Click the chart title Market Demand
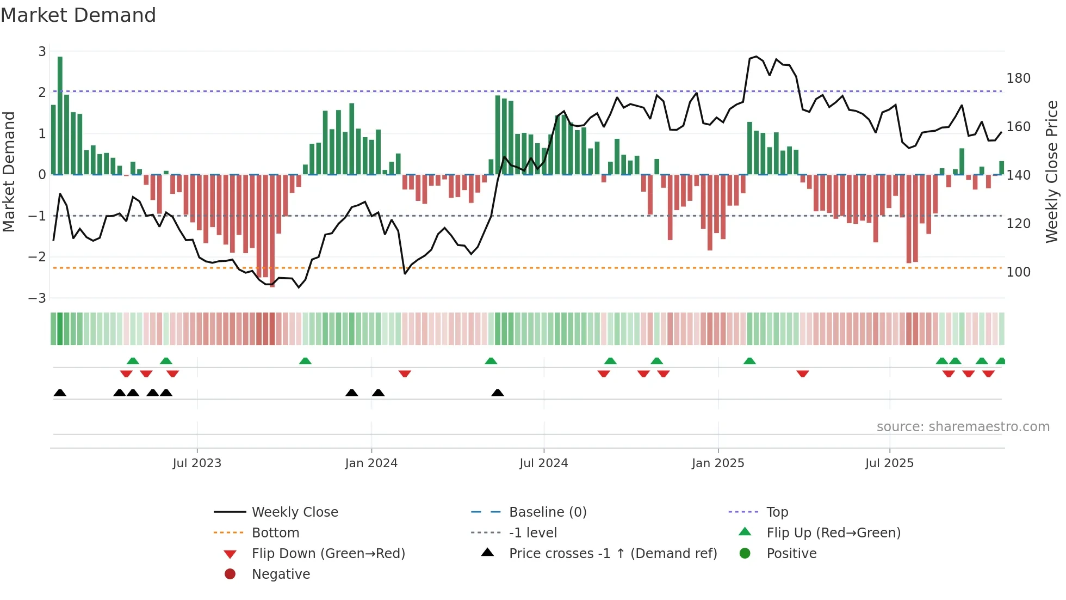[78, 15]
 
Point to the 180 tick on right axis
[1018, 78]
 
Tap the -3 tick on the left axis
[38, 298]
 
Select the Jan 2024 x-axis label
[371, 463]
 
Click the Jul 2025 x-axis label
[889, 463]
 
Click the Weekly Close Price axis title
[1052, 172]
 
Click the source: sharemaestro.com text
[963, 426]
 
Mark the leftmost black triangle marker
[60, 393]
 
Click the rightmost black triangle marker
[497, 393]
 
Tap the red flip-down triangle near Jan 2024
[404, 374]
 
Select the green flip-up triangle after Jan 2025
[749, 361]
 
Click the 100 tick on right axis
[1018, 272]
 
